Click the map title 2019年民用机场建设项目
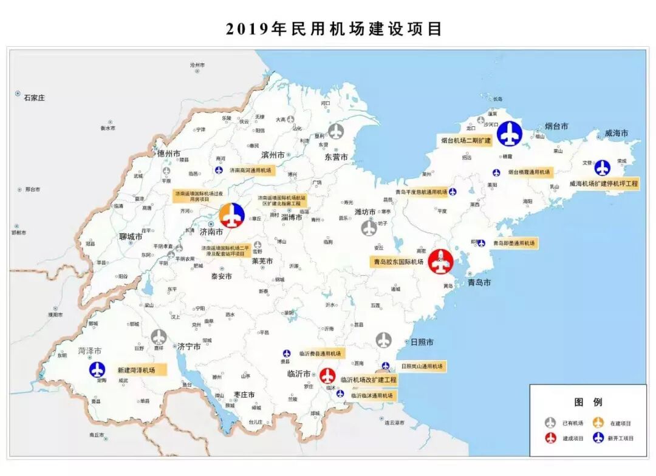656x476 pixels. (x=333, y=29)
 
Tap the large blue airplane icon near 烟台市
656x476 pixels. (x=510, y=134)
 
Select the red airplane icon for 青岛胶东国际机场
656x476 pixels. (x=441, y=262)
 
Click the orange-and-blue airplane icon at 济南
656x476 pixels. (x=231, y=216)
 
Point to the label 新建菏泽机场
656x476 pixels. (x=136, y=370)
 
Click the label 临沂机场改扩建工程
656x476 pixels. (x=368, y=379)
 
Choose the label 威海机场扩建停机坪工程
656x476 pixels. (x=604, y=183)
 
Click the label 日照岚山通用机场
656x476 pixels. (x=422, y=366)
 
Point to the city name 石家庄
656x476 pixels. (x=34, y=97)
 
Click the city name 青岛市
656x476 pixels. (x=479, y=282)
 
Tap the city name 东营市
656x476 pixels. (x=336, y=157)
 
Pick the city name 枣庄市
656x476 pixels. (x=242, y=395)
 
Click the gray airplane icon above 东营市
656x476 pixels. (x=336, y=131)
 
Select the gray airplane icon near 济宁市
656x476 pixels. (x=159, y=337)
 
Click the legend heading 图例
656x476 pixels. (x=588, y=402)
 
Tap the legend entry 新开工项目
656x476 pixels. (x=621, y=438)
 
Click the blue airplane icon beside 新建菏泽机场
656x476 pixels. (x=97, y=369)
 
